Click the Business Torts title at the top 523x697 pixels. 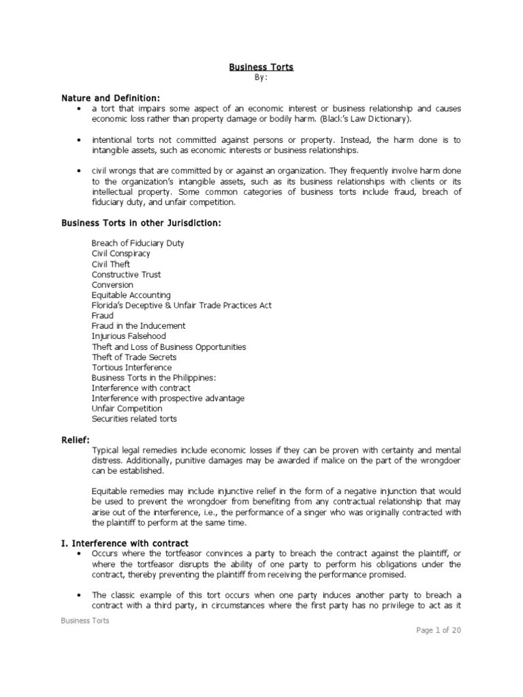pos(261,67)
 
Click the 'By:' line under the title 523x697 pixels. pos(261,78)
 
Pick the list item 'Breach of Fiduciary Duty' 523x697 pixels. pos(138,243)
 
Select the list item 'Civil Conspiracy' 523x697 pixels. pos(121,253)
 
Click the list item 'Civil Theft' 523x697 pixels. pos(111,263)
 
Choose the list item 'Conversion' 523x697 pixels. pos(112,285)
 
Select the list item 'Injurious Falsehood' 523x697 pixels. pos(129,336)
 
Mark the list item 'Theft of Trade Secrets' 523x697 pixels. pos(134,357)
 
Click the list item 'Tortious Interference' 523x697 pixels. pos(131,368)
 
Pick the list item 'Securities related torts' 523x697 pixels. pos(134,419)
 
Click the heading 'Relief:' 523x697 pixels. pos(76,440)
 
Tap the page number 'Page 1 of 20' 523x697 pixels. pos(439,630)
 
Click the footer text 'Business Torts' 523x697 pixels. pos(85,620)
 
